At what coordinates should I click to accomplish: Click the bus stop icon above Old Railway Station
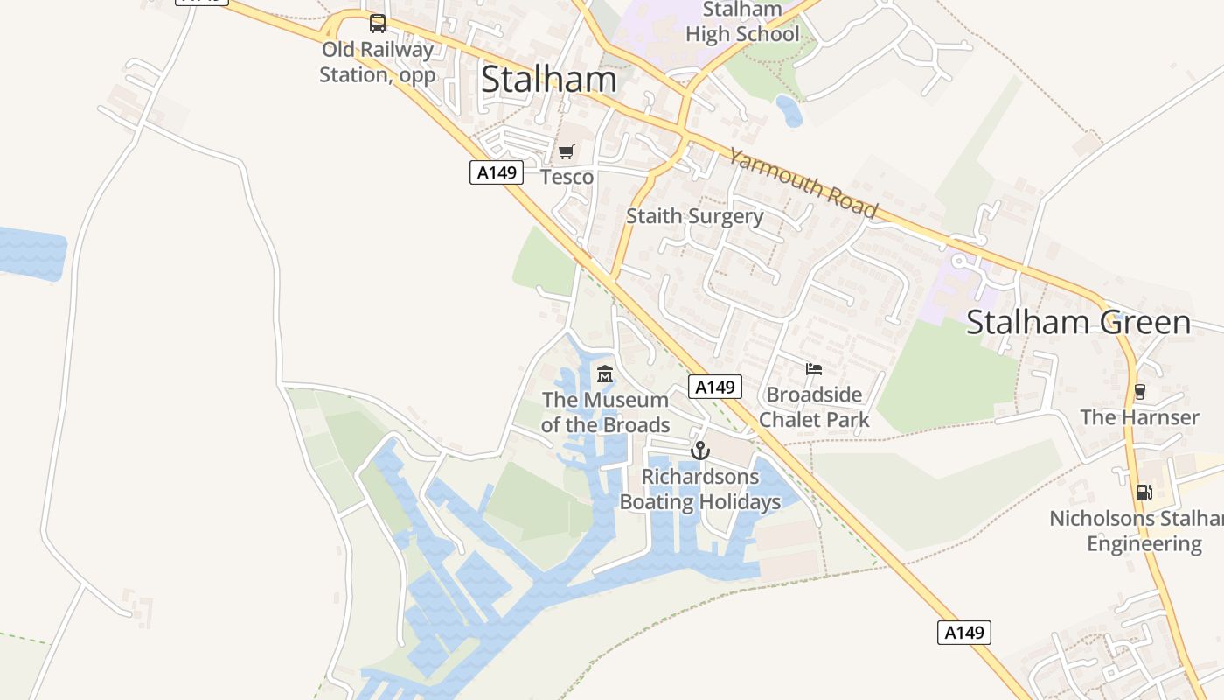[x=378, y=24]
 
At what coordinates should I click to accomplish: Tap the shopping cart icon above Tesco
[x=567, y=152]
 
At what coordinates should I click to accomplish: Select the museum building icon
[x=604, y=374]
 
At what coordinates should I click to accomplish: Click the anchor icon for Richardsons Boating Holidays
[x=699, y=451]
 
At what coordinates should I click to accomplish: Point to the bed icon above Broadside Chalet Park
[x=814, y=369]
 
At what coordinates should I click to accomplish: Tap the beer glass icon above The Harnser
[x=1139, y=392]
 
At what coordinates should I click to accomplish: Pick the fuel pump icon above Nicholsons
[x=1144, y=493]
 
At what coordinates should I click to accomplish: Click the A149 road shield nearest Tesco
[x=497, y=172]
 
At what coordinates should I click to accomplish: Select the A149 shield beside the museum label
[x=715, y=387]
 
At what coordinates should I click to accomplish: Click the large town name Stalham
[x=549, y=80]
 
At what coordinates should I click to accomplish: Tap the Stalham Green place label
[x=1078, y=322]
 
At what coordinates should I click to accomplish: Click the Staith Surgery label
[x=695, y=216]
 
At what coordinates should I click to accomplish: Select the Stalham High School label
[x=742, y=23]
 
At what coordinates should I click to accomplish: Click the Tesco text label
[x=567, y=177]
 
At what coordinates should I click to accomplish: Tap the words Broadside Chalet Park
[x=814, y=407]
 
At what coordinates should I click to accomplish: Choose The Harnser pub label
[x=1139, y=417]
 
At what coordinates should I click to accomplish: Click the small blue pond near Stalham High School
[x=789, y=110]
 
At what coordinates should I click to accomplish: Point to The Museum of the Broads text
[x=605, y=412]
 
